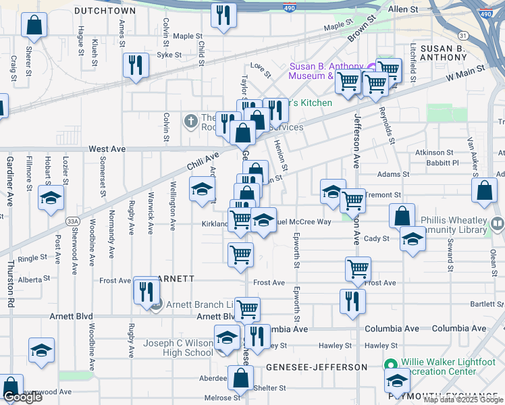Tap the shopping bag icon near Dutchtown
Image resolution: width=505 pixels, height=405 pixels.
tap(34, 26)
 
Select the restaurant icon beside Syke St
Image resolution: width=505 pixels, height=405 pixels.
tap(136, 65)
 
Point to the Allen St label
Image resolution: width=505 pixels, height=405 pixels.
tap(403, 9)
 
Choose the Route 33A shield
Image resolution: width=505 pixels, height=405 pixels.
tap(73, 221)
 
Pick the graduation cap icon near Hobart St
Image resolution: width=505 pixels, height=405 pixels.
tap(50, 198)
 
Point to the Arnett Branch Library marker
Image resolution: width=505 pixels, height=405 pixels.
tap(156, 305)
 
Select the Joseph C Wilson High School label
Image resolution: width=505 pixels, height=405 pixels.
tap(178, 348)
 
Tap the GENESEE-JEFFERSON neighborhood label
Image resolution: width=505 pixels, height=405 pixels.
tap(317, 367)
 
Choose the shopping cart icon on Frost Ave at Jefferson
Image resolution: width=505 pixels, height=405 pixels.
tap(358, 268)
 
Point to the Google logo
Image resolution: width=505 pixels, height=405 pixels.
tap(22, 397)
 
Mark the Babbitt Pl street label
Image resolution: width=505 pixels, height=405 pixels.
tap(442, 163)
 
